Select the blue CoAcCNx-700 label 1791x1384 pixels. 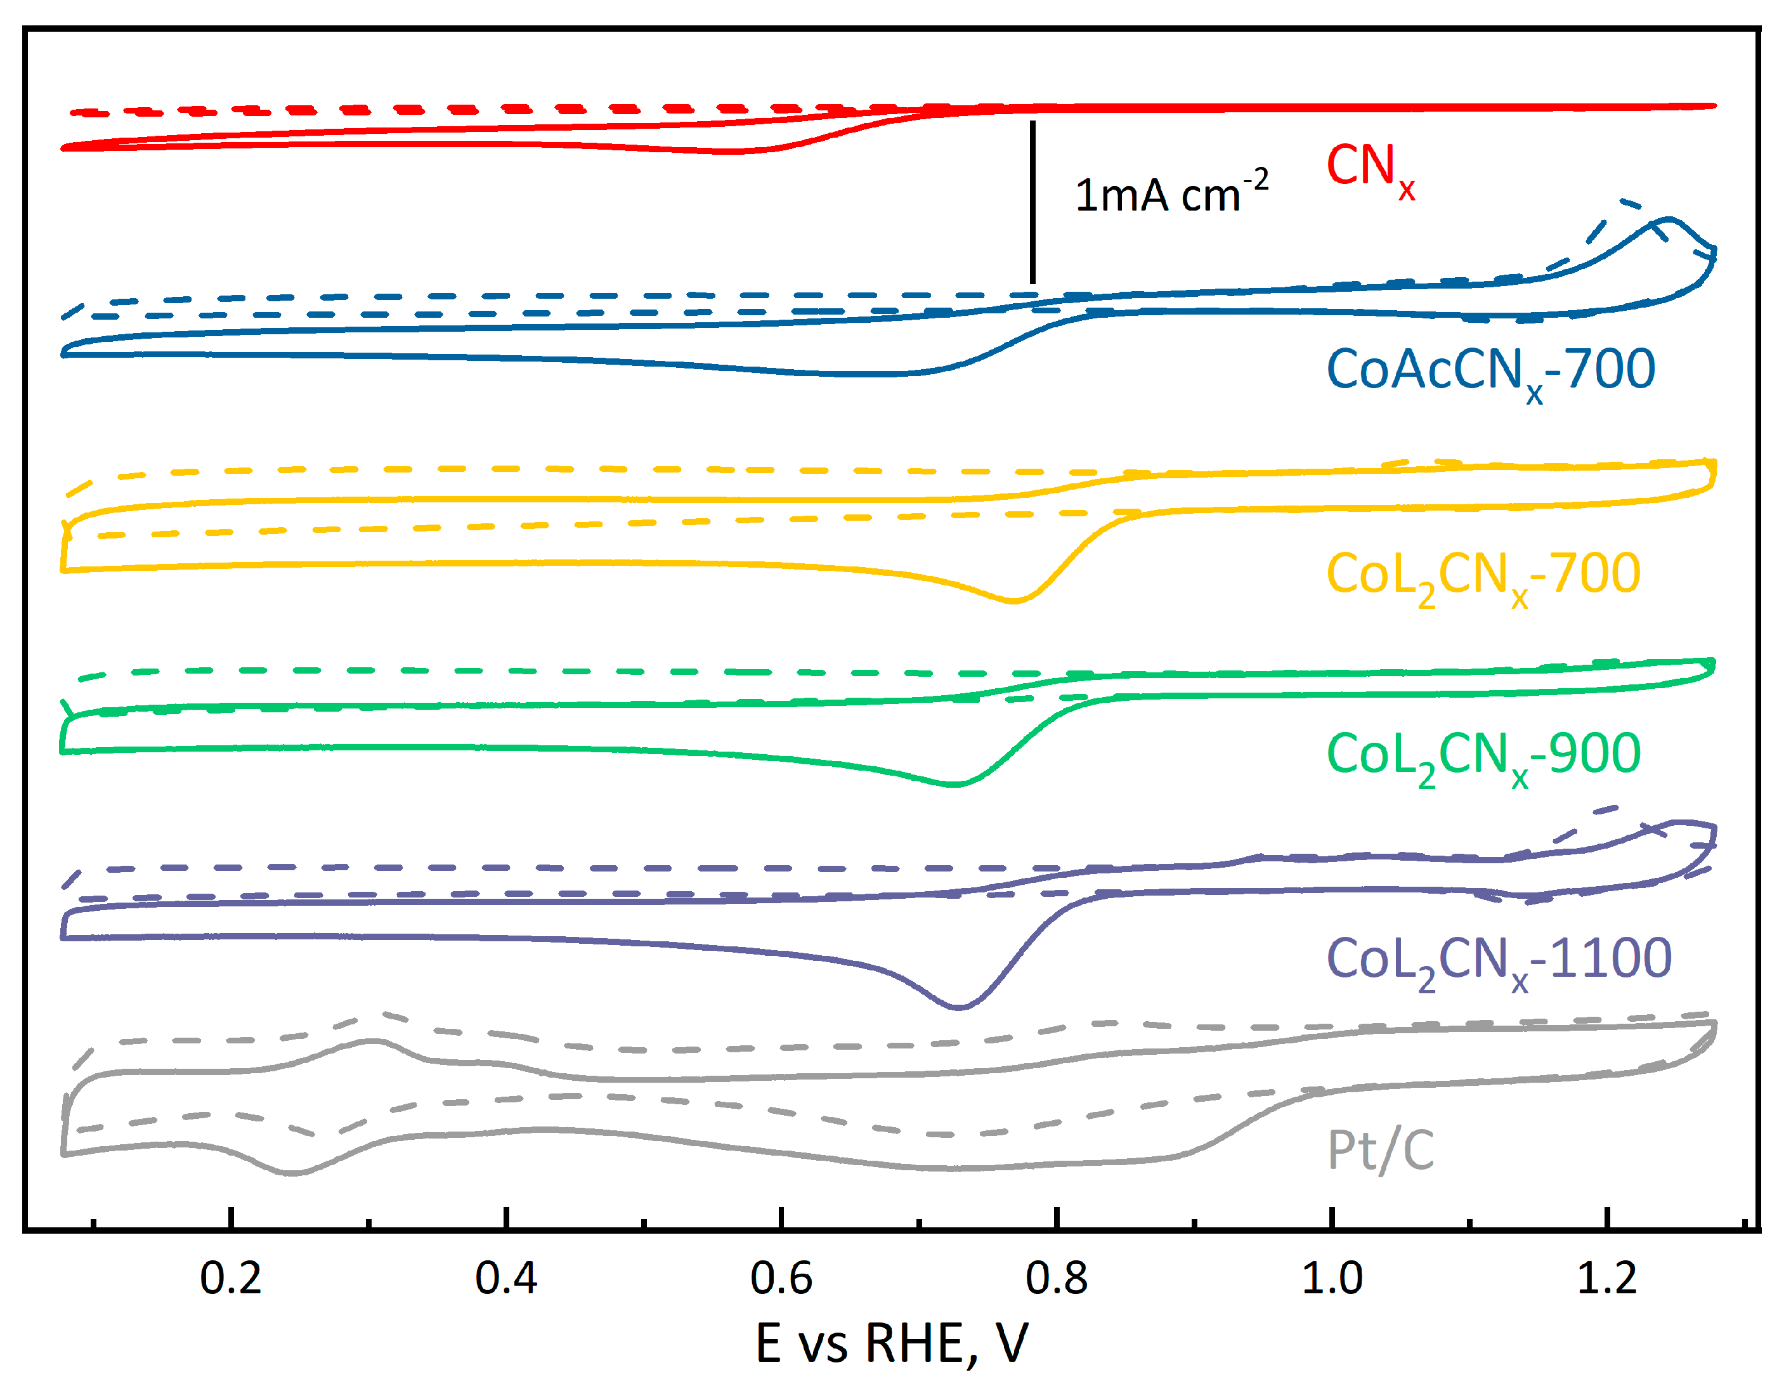coord(1490,371)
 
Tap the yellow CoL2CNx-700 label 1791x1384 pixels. coord(1483,575)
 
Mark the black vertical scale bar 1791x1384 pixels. coord(1032,202)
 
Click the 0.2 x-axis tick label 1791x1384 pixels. coord(231,1279)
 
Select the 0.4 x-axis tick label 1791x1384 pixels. coord(506,1279)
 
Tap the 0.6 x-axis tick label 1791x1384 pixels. coord(781,1279)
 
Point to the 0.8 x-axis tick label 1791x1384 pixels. coord(1056,1279)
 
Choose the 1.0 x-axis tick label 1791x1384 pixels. coord(1332,1279)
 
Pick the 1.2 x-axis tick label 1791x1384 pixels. coord(1606,1279)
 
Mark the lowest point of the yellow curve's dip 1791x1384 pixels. coord(1014,601)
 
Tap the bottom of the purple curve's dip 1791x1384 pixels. coord(958,1007)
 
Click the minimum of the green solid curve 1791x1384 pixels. coord(954,785)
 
